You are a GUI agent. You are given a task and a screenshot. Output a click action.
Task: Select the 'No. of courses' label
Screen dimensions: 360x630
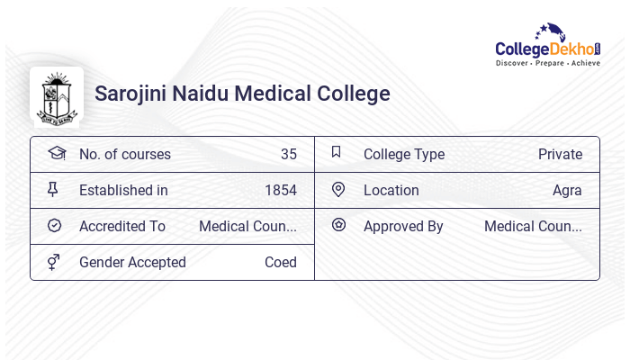[x=124, y=154]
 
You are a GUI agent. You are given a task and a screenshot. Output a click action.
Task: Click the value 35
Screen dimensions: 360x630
[x=288, y=154]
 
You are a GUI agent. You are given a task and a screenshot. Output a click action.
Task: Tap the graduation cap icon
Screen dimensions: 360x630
[x=57, y=153]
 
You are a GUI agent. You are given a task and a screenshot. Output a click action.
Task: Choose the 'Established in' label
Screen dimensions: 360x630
[x=123, y=190]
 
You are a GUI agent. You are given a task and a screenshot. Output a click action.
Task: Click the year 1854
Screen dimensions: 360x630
[x=280, y=190]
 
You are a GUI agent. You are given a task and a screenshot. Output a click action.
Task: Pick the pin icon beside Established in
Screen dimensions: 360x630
[x=53, y=189]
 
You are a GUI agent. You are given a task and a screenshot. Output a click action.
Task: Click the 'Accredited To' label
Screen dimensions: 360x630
[x=122, y=226]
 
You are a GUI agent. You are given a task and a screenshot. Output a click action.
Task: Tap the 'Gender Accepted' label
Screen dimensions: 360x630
[x=132, y=262]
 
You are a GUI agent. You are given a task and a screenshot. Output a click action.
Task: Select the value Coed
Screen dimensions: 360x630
[x=280, y=262]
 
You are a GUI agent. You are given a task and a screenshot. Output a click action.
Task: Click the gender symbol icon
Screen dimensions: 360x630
[x=54, y=261]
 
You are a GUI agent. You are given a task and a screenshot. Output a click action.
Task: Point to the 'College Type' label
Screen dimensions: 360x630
[x=404, y=154]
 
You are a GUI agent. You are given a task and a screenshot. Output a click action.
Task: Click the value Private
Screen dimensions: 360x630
[x=560, y=154]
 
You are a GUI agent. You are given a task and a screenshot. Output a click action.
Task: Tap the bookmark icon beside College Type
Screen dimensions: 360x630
[x=337, y=152]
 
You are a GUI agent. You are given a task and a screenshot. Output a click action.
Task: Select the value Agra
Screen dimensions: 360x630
[x=567, y=190]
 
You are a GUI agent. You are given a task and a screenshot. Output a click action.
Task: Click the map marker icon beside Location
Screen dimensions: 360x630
[x=338, y=189]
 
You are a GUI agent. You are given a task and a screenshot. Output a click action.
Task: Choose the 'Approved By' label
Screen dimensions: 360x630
[x=403, y=226]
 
